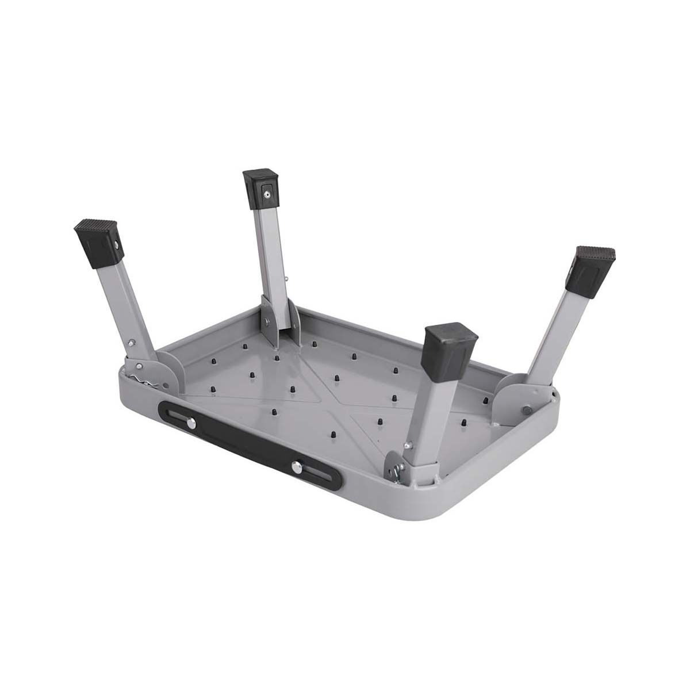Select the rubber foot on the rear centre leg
coord(260,190)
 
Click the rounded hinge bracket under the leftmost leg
coord(163,368)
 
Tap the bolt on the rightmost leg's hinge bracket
coord(527,410)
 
